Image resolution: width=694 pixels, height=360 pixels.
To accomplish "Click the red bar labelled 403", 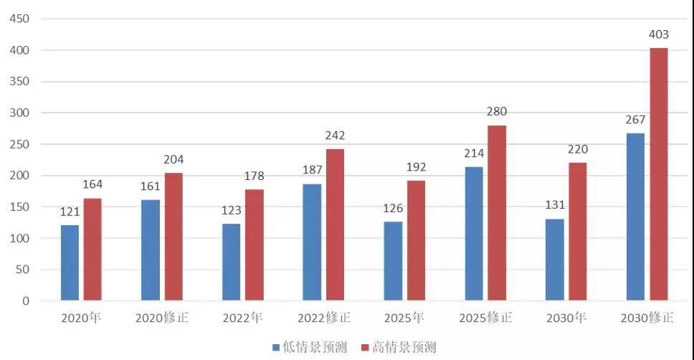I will point(658,174).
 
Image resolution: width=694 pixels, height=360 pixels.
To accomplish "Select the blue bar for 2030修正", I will point(635,217).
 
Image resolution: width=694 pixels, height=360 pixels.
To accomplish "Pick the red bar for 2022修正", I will point(335,224).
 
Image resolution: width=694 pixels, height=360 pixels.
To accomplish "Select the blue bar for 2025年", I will point(393,261).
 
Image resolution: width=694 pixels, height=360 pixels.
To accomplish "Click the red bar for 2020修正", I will point(173,237).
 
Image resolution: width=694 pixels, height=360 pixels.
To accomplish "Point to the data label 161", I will point(150,187).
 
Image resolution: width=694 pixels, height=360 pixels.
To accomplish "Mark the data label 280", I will point(496,112).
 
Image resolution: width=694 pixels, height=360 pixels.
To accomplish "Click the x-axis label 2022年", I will point(243,318).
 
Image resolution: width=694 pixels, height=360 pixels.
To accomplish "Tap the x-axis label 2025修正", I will point(485,318).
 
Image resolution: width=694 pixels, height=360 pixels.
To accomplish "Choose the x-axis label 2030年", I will point(566,318).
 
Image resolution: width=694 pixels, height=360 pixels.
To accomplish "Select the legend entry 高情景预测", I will point(398,348).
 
